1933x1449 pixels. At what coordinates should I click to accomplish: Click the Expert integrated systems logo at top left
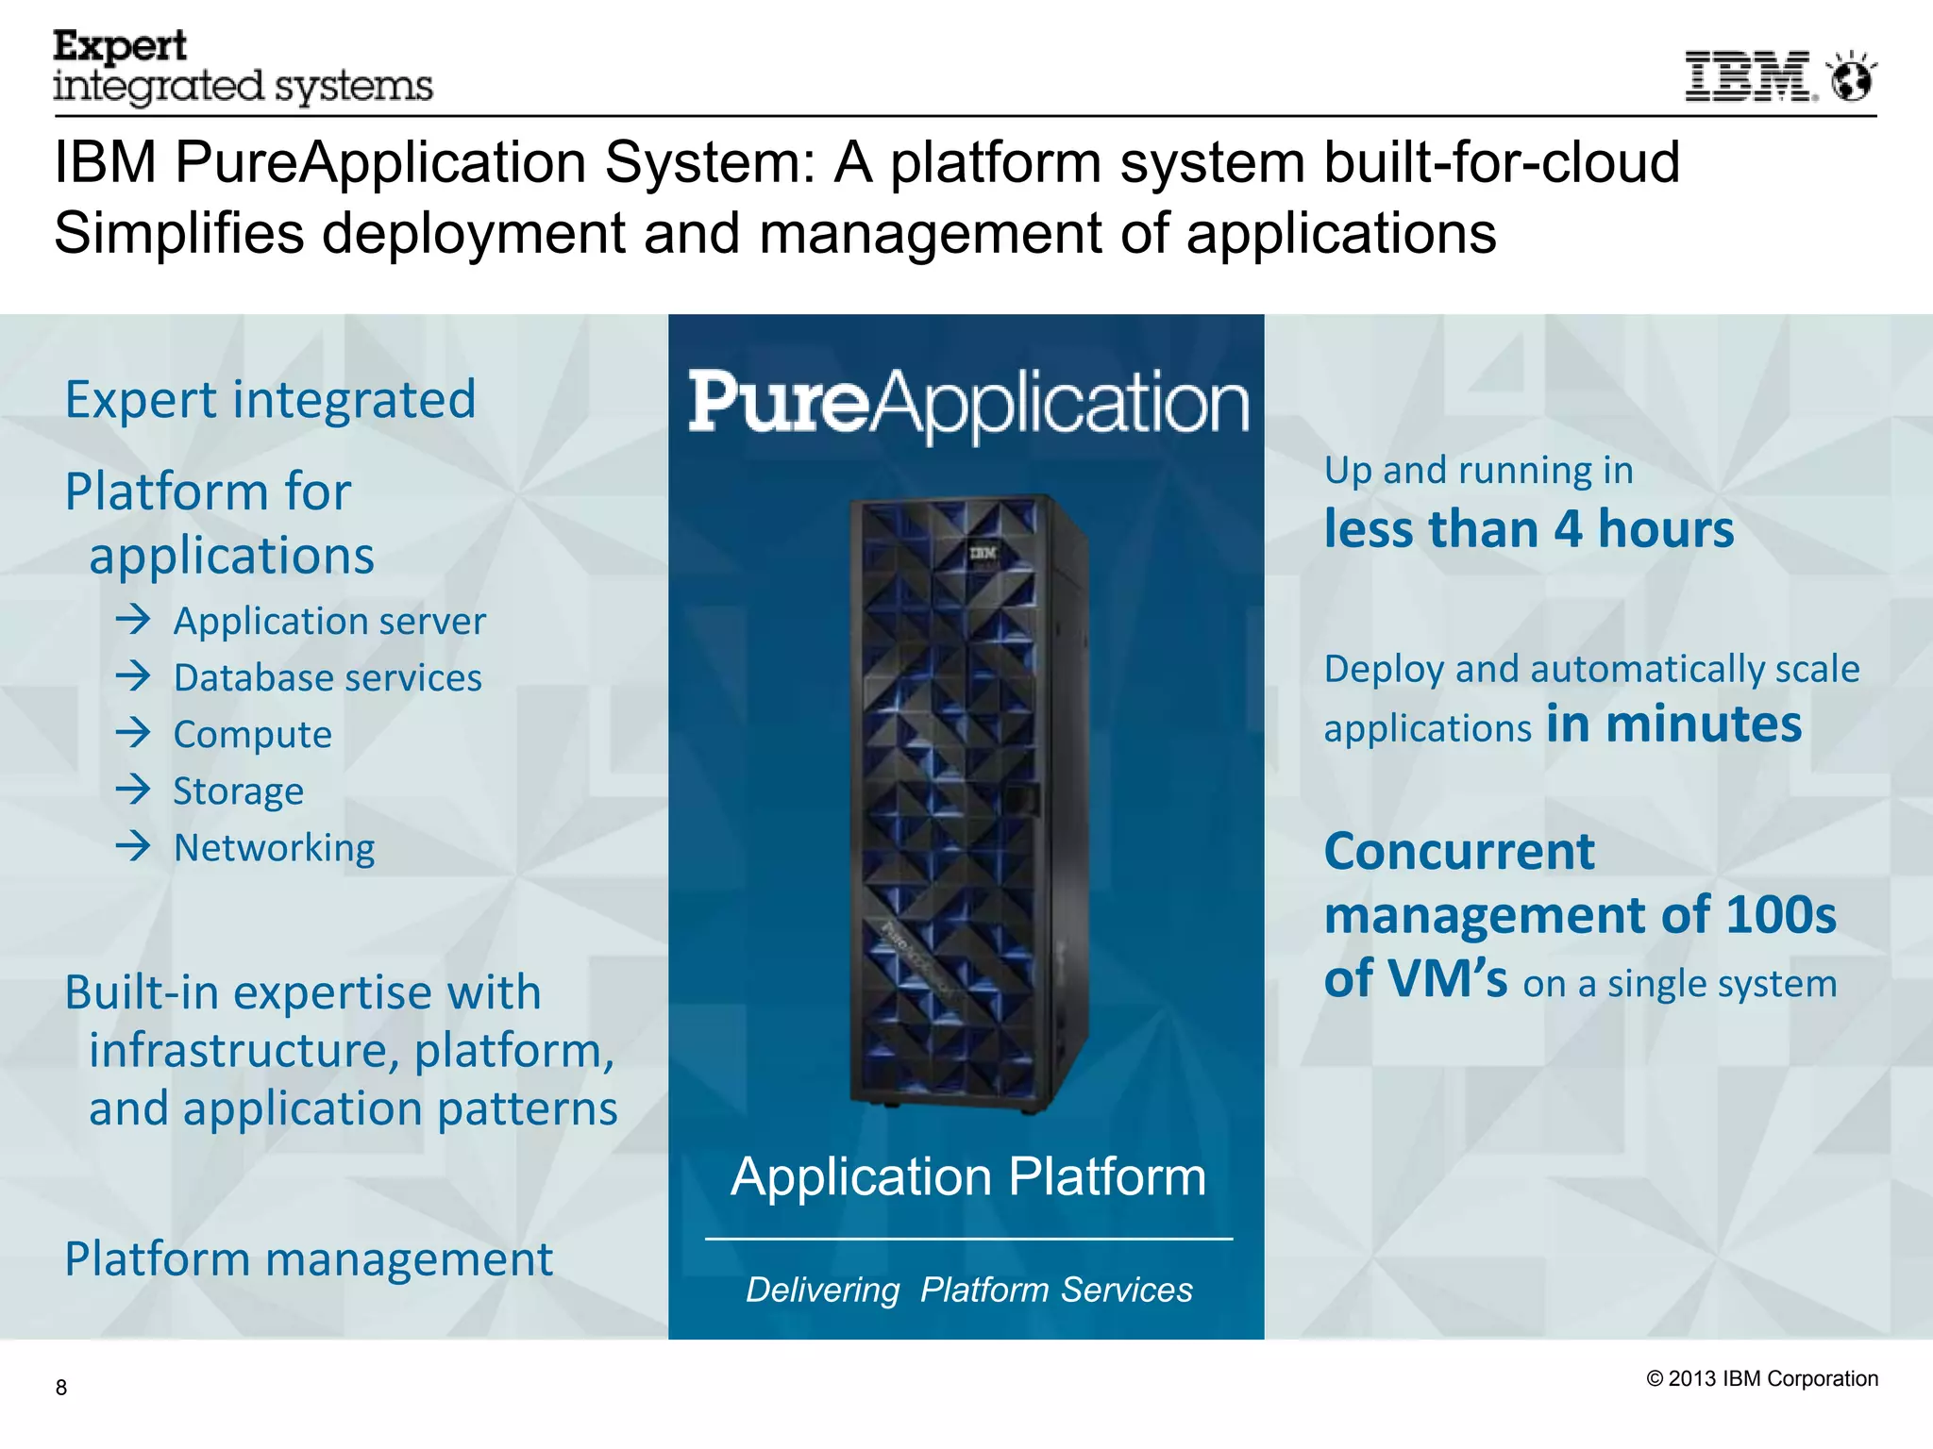[x=243, y=67]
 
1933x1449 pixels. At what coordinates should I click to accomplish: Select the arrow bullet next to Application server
[x=133, y=620]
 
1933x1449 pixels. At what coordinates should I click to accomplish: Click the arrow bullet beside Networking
[x=133, y=846]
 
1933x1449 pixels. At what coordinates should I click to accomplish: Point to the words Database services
[x=328, y=678]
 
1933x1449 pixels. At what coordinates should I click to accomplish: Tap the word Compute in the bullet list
[x=252, y=735]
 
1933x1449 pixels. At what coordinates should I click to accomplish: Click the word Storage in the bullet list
[x=239, y=791]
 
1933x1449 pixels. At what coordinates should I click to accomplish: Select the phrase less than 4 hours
[x=1528, y=529]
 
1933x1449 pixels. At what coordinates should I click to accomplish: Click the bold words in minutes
[x=1673, y=724]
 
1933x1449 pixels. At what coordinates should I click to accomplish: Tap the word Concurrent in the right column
[x=1459, y=852]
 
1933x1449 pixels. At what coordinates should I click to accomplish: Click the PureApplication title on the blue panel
[x=968, y=404]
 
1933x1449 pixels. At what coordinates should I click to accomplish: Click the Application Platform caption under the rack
[x=968, y=1176]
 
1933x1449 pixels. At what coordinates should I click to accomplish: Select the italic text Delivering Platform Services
[x=968, y=1290]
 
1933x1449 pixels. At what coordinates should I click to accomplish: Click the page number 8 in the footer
[x=61, y=1387]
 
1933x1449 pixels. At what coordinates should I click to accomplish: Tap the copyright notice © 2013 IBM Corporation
[x=1762, y=1378]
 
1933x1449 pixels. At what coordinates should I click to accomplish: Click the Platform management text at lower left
[x=309, y=1259]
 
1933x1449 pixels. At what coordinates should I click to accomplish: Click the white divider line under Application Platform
[x=968, y=1239]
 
